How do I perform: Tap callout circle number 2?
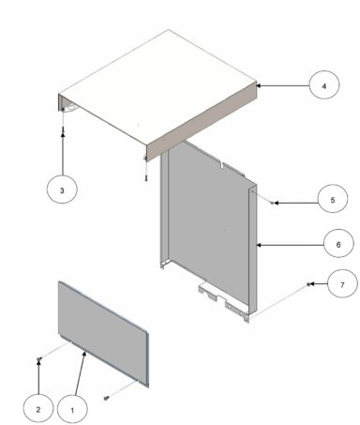(37, 409)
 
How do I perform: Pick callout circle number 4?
(323, 85)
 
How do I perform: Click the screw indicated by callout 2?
(38, 359)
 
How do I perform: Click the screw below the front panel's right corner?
(108, 398)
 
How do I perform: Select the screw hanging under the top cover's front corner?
(146, 175)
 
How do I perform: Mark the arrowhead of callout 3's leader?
(63, 134)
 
